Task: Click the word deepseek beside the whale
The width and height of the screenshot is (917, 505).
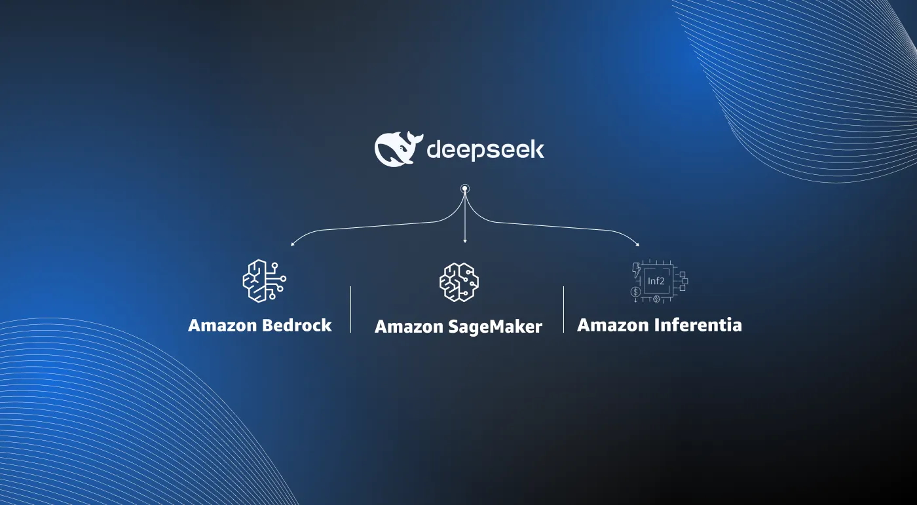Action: (485, 150)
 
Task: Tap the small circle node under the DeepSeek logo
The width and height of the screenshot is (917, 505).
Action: (464, 189)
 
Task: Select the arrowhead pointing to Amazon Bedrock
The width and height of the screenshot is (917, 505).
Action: (292, 245)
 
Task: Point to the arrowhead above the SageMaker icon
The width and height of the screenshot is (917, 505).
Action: (464, 240)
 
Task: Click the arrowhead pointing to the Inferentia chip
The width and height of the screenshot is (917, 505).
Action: (638, 245)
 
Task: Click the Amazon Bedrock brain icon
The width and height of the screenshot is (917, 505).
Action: (263, 280)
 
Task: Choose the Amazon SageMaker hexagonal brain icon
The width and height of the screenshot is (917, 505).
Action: (458, 282)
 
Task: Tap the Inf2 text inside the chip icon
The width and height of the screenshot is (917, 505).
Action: (656, 281)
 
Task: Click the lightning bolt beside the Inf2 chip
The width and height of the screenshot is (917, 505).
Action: (636, 269)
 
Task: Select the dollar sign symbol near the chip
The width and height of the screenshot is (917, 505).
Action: (635, 291)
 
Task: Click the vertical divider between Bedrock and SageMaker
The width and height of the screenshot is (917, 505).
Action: (351, 309)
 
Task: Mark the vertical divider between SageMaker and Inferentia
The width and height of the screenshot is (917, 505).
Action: (563, 309)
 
